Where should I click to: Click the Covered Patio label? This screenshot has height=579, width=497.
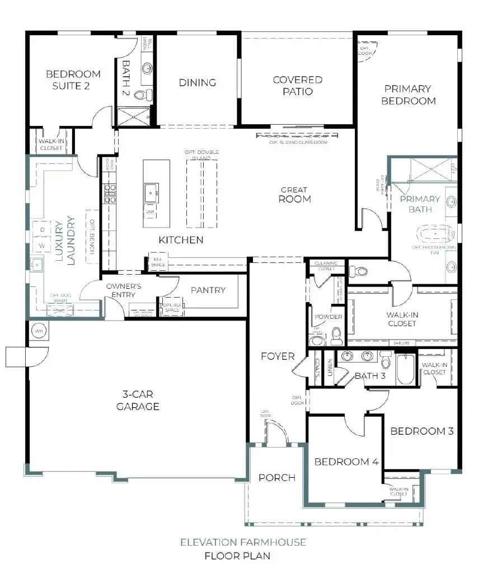(x=297, y=86)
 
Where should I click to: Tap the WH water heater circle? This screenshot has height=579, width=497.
(x=39, y=330)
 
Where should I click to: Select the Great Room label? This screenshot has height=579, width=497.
(x=295, y=194)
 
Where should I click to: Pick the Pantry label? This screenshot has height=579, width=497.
(x=208, y=290)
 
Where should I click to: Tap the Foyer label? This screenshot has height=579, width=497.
(x=278, y=356)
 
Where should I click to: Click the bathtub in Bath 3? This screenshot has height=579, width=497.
(x=405, y=370)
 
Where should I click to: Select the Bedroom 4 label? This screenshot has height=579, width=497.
(x=342, y=462)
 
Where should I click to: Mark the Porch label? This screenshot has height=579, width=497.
(x=276, y=477)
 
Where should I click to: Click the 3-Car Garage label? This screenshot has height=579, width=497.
(x=138, y=401)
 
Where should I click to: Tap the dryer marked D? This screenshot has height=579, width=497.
(x=41, y=229)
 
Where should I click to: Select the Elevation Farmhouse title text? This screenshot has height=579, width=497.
(x=242, y=542)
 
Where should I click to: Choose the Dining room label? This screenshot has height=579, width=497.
(x=197, y=83)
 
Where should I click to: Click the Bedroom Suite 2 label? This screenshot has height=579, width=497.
(x=73, y=79)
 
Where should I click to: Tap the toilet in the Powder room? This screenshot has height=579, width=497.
(x=337, y=337)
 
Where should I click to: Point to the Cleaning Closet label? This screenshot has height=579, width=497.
(x=325, y=265)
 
